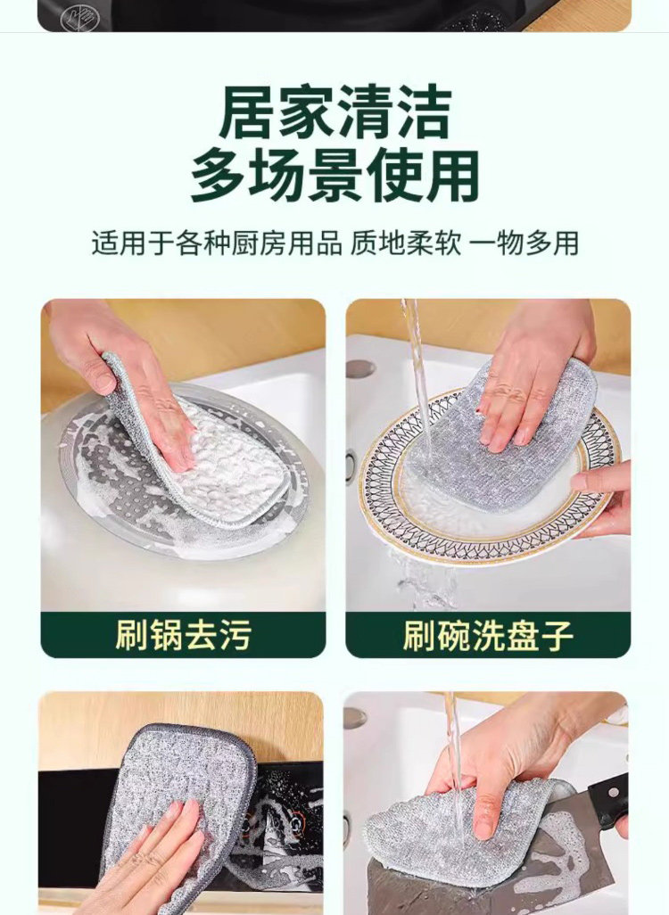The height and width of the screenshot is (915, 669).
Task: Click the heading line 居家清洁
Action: coord(335,112)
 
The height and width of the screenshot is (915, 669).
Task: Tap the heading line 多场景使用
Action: coord(335,175)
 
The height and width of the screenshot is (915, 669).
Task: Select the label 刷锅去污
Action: coord(183,635)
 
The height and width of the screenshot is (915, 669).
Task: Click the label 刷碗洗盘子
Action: coord(488,635)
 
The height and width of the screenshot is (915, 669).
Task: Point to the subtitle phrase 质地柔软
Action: coord(405,243)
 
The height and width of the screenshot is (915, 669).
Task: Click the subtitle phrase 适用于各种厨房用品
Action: coord(216,243)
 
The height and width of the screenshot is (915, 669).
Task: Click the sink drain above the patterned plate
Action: coord(359,368)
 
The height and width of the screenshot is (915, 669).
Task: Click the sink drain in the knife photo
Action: coord(355,718)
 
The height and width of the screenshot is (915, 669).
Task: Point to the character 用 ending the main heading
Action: coord(452,175)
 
